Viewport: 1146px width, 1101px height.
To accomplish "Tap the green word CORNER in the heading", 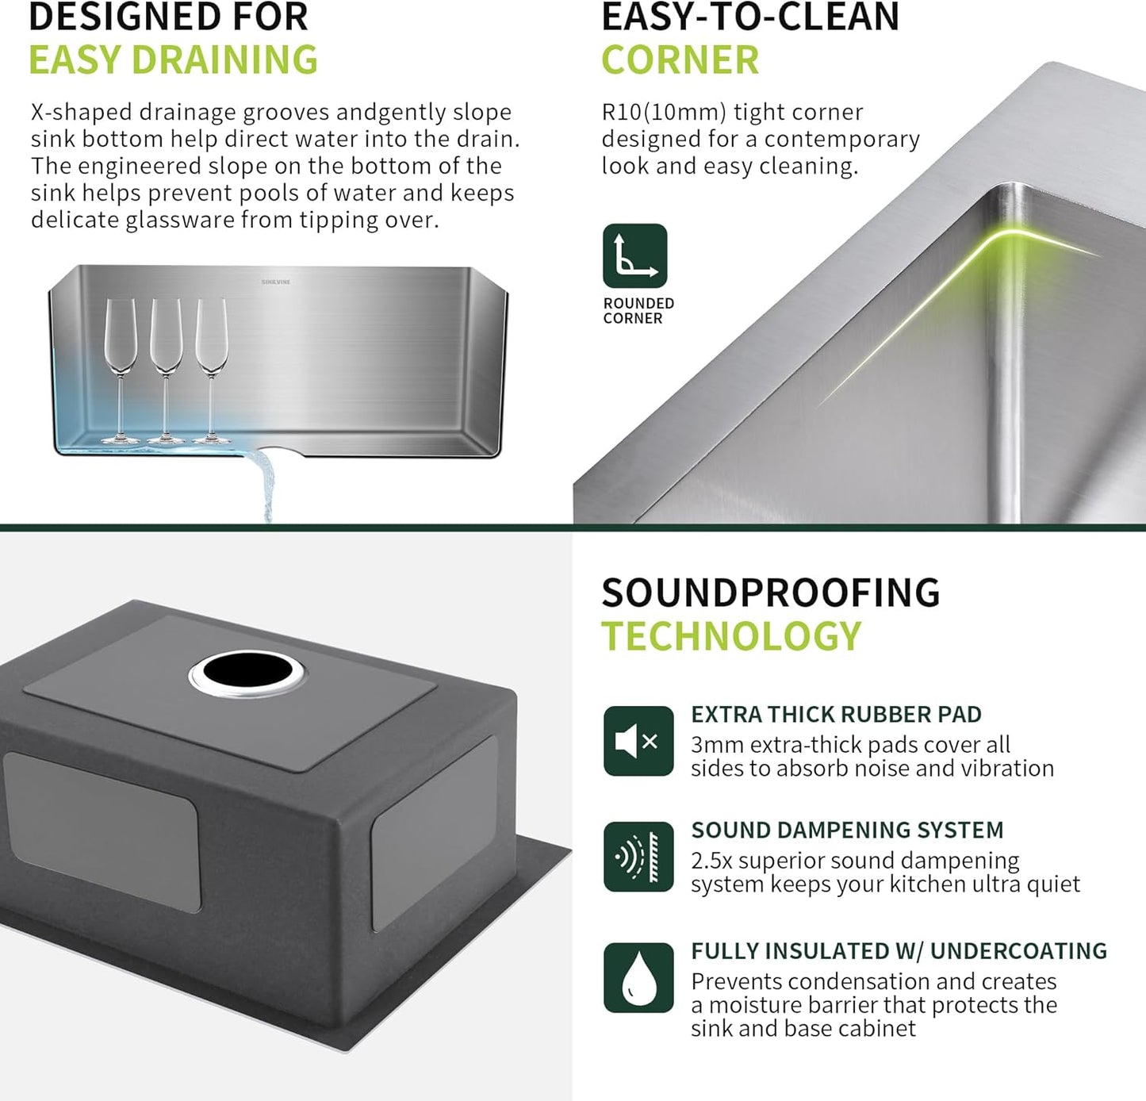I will [680, 60].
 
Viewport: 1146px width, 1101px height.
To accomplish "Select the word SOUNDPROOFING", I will [770, 593].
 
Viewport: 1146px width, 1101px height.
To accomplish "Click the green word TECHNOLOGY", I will [730, 636].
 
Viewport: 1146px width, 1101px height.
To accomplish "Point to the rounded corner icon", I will [634, 255].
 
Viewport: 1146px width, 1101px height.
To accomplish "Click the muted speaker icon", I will [638, 741].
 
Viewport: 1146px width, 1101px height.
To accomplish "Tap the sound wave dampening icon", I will [638, 857].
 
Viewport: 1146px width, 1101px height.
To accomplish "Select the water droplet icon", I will [638, 977].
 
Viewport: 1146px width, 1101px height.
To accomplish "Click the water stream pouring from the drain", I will [264, 484].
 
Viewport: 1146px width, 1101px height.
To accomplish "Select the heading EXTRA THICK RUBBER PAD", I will [836, 714].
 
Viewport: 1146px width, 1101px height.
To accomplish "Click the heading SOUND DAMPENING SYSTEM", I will [847, 830].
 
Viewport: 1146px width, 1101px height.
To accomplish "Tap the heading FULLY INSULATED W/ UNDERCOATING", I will [899, 950].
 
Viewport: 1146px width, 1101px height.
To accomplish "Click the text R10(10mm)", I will [664, 112].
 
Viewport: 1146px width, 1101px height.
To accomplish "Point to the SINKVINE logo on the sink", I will [276, 282].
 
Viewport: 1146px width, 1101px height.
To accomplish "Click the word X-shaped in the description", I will [77, 112].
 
